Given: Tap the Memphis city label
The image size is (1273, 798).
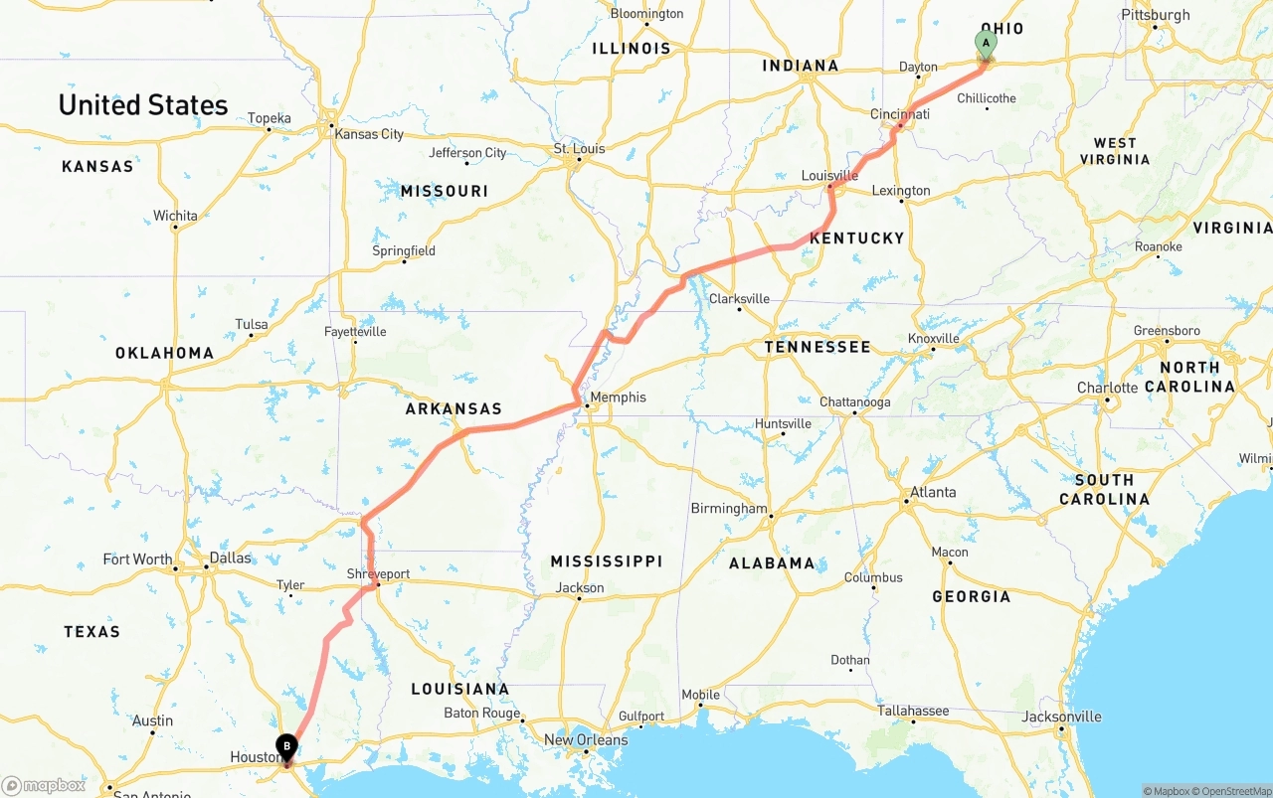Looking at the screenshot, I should tap(618, 398).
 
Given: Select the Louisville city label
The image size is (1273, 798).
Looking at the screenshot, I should tap(829, 176).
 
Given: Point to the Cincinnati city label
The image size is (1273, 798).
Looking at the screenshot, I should tap(899, 114).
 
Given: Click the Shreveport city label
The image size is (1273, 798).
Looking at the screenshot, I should tap(378, 574).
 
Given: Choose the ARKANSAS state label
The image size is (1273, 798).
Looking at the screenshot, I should tap(453, 408).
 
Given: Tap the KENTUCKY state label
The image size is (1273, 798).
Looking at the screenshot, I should tap(856, 239).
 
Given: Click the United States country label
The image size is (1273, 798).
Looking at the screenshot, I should tap(143, 105).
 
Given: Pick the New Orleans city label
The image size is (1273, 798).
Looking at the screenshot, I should tap(586, 739).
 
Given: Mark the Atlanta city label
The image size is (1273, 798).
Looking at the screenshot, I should tap(933, 492).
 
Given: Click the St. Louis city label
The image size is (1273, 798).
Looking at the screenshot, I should tap(579, 149).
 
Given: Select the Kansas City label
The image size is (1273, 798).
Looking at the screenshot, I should tap(369, 134).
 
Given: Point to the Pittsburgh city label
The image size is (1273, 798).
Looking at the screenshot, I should tap(1155, 15).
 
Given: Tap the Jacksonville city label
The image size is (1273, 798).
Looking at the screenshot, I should tap(1062, 717).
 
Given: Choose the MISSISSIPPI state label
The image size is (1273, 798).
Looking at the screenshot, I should tap(607, 561).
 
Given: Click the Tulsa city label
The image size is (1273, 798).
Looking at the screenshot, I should tap(252, 324).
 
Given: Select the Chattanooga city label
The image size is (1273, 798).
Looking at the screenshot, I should tap(854, 402).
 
